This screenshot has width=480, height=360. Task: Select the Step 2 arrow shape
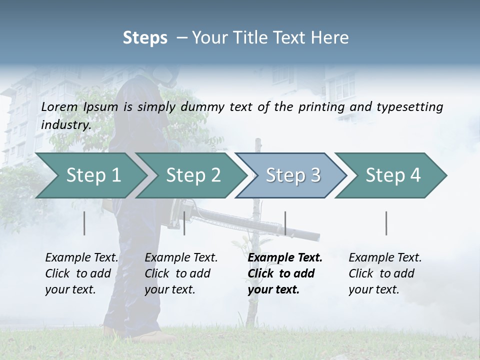click(193, 175)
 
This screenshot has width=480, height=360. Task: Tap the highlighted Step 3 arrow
click(293, 175)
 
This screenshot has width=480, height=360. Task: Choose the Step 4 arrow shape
click(393, 175)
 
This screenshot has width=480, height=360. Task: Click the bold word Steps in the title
click(145, 38)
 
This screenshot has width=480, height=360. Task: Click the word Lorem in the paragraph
click(59, 106)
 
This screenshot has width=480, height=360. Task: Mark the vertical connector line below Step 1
click(84, 223)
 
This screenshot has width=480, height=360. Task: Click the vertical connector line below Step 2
click(184, 223)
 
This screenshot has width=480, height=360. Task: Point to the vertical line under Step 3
click(285, 223)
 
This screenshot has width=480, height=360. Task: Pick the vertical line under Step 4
click(386, 223)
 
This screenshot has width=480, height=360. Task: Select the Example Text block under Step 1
click(81, 273)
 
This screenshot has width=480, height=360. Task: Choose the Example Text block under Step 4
click(385, 273)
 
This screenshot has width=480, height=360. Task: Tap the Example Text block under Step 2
click(181, 273)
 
